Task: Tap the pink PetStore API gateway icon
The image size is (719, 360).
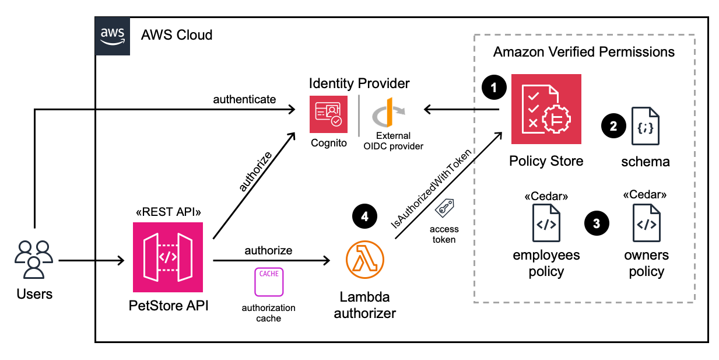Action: click(x=168, y=257)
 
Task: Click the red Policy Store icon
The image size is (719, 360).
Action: click(x=546, y=109)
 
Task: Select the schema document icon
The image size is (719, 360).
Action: click(x=646, y=126)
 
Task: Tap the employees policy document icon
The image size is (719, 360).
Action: click(x=546, y=223)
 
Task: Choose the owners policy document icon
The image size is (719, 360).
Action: click(x=646, y=223)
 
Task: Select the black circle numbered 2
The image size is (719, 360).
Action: click(x=612, y=125)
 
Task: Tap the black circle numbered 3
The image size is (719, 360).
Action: click(x=596, y=223)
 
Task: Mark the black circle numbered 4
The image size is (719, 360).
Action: click(x=364, y=216)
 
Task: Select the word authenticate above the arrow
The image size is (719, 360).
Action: click(x=244, y=99)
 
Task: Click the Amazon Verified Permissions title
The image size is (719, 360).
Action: click(x=584, y=52)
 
